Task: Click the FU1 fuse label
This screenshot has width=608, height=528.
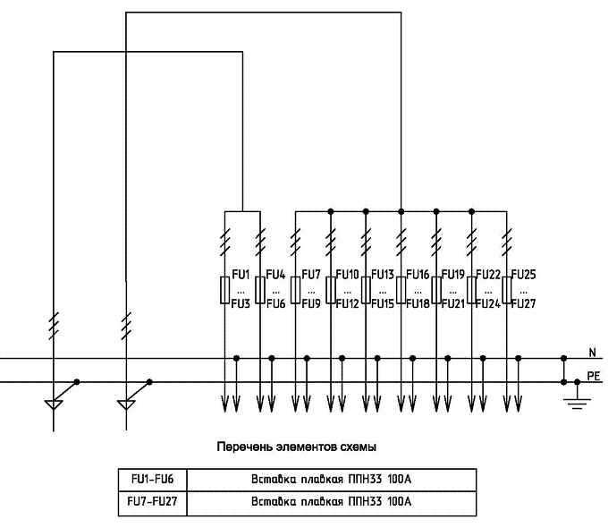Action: point(240,274)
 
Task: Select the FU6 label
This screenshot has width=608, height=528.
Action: point(275,303)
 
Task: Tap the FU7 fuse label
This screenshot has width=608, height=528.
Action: point(311,274)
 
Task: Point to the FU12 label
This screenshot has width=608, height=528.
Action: point(348,303)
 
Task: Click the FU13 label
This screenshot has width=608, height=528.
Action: point(382,274)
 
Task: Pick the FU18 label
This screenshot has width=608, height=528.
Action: point(418,303)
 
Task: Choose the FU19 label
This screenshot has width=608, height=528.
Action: point(453,274)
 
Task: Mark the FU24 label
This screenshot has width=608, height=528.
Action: point(489,303)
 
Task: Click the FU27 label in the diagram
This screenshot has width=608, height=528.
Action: point(524,303)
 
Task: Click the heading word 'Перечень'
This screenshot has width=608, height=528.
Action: point(242,446)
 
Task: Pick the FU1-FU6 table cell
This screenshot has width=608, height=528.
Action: point(152,479)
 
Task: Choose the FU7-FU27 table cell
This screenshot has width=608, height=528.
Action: point(152,501)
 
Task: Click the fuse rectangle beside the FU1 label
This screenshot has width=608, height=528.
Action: point(224,289)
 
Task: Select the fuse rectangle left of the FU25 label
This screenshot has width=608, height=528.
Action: point(506,289)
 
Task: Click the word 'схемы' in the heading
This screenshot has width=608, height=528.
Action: point(358,446)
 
